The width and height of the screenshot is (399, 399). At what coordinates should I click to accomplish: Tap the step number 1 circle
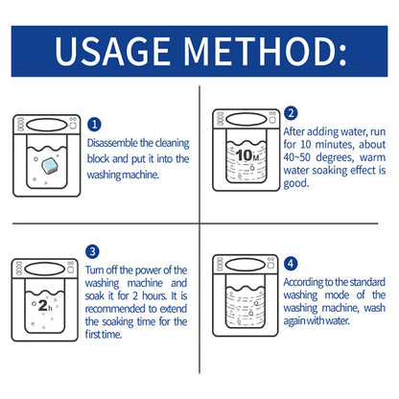coord(94,124)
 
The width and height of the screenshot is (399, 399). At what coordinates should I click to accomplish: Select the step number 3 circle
coord(94,252)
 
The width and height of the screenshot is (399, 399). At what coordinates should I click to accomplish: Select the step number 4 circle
coord(292,262)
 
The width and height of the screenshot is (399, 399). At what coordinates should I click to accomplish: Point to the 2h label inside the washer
coord(47,307)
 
